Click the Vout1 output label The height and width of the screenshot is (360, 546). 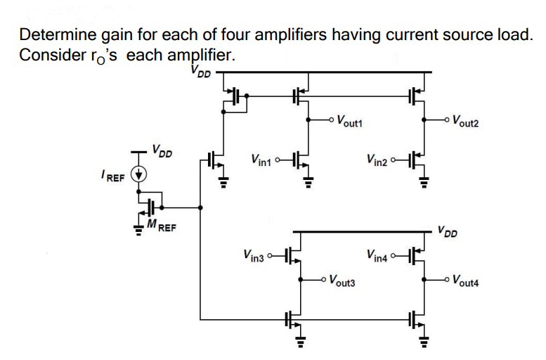coord(349,120)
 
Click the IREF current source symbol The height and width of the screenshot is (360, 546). coord(140,176)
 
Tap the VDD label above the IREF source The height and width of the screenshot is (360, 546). coord(162,152)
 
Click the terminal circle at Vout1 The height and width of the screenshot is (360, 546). coord(331,120)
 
